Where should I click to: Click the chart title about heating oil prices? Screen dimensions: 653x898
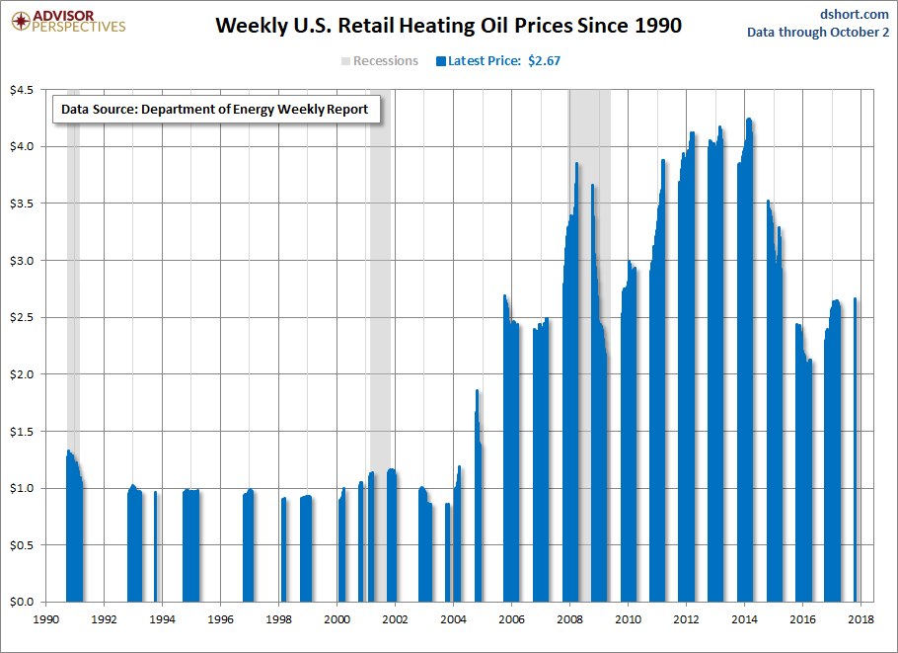448,26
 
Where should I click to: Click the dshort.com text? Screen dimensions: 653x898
855,13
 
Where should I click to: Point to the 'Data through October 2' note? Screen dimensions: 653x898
818,32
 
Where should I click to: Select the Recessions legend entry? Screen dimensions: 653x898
380,61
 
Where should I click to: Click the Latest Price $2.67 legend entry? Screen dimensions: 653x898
497,61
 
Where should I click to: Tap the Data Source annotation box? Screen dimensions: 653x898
214,110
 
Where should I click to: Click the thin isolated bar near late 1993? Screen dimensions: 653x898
156,547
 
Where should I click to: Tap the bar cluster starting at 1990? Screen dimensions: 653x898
74,533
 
